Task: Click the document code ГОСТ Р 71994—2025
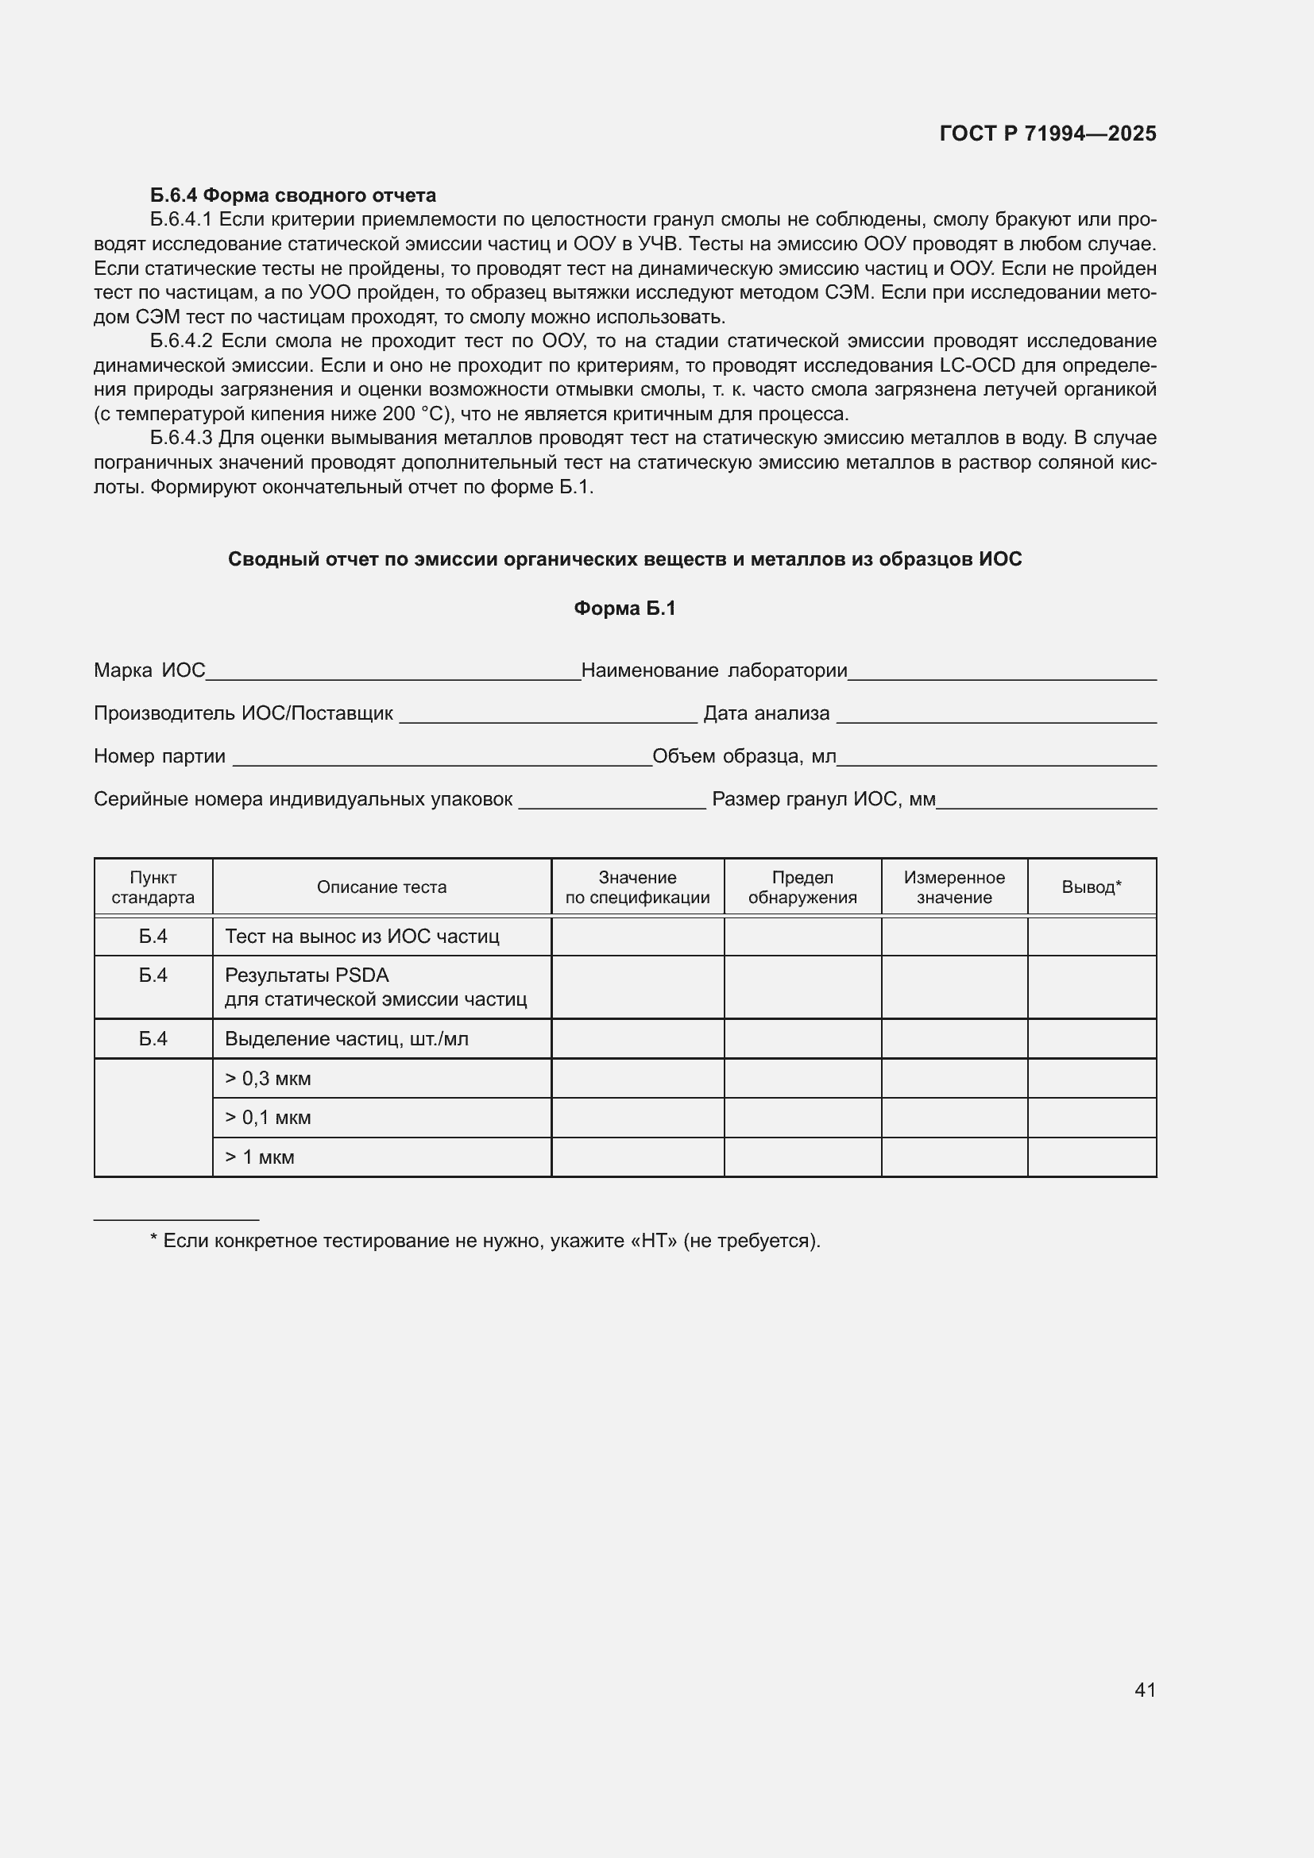[1048, 133]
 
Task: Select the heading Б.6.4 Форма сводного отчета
[292, 195]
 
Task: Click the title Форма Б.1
[624, 608]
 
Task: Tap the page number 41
[1145, 1690]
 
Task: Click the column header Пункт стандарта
[153, 887]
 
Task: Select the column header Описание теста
[381, 887]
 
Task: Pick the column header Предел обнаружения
[802, 887]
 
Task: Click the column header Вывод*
[1091, 887]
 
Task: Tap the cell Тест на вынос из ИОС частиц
[361, 937]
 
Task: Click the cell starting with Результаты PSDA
[376, 987]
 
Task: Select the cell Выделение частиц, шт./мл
[346, 1038]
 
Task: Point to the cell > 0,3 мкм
[268, 1078]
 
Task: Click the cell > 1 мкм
[259, 1157]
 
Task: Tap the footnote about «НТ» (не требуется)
[485, 1241]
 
